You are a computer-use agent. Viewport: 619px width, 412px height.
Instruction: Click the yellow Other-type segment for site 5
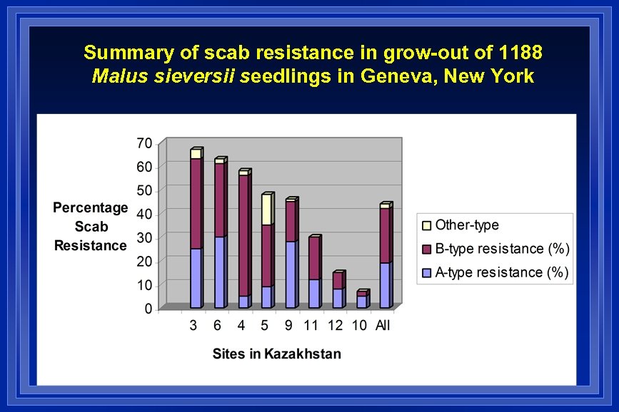coord(267,210)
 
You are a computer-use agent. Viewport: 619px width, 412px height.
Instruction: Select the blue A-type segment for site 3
coord(196,278)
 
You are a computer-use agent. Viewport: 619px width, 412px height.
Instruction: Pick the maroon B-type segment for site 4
coord(243,235)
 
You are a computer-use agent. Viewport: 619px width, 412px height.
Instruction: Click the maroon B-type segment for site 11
coord(314,258)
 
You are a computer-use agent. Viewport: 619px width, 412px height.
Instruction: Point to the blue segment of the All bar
coord(385,285)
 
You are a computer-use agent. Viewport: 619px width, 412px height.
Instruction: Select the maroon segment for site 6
coord(220,200)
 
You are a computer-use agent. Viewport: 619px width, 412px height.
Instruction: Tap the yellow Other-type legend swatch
coord(427,225)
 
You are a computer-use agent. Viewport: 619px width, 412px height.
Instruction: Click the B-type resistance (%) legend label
coord(502,249)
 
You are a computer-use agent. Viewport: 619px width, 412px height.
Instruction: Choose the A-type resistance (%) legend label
coord(502,272)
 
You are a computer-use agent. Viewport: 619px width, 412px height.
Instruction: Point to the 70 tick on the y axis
coord(144,143)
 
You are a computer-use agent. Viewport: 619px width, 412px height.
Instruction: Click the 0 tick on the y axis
coord(148,309)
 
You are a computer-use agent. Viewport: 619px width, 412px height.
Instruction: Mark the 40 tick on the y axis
coord(144,214)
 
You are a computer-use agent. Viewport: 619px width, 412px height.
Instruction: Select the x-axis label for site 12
coord(336,326)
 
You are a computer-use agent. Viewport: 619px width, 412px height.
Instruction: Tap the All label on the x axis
coord(383,326)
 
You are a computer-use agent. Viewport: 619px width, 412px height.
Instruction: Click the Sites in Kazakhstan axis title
coord(276,354)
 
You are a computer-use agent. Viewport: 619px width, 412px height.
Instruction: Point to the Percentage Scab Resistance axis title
coord(90,227)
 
